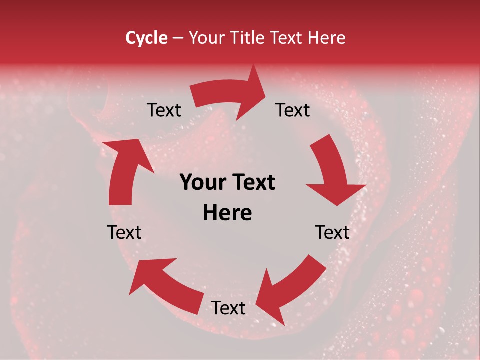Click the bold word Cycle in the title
[146, 38]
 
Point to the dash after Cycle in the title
[178, 38]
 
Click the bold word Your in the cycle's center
[202, 183]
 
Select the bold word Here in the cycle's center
[227, 213]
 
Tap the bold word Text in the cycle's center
[253, 183]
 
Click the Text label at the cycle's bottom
[228, 308]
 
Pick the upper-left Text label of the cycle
[164, 110]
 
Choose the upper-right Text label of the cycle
[293, 110]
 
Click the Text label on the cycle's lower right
[332, 233]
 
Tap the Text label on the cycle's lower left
[124, 233]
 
